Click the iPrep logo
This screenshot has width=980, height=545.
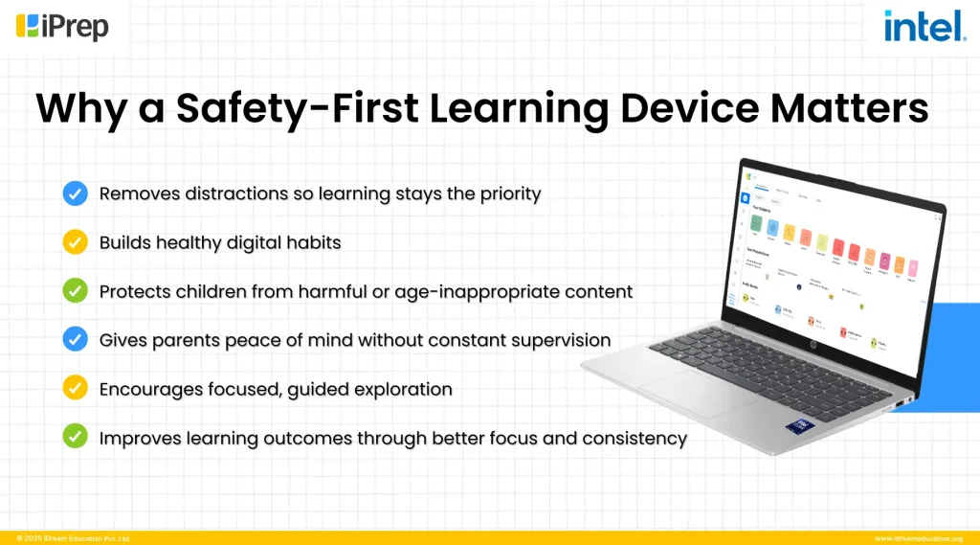point(62,26)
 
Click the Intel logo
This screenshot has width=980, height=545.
point(924,27)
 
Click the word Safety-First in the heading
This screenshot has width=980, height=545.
point(297,108)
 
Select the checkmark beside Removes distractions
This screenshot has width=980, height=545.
point(76,193)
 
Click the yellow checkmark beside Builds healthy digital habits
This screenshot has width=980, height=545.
point(76,242)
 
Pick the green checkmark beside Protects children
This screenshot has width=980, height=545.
point(76,291)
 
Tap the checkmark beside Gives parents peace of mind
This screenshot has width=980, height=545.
point(76,339)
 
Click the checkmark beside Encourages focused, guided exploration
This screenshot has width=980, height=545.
point(76,389)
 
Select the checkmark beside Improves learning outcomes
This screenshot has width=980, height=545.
point(76,438)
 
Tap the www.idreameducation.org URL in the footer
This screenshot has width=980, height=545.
point(918,538)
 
